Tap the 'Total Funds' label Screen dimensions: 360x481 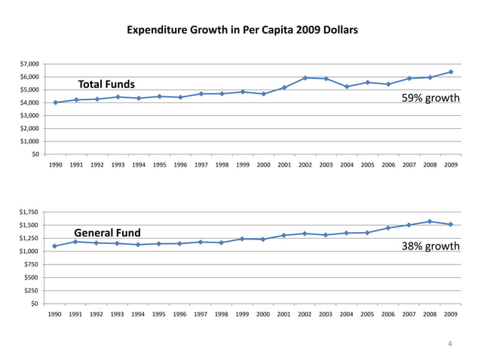tap(106, 84)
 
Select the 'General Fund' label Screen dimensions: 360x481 tap(107, 232)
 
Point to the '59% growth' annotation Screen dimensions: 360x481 tap(430, 98)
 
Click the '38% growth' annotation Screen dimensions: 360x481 tap(430, 246)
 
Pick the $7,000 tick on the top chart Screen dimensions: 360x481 tap(31, 64)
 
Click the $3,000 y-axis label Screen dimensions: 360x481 tap(31, 116)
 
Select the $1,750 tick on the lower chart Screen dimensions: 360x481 tap(31, 212)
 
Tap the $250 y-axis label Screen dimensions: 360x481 tap(32, 291)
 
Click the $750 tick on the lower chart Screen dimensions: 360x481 tap(32, 264)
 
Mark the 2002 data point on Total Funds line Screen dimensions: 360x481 tap(305, 78)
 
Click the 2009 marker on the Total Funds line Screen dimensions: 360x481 tap(451, 72)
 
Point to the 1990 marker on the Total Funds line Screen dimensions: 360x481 tap(56, 102)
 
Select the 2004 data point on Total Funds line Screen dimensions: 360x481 tap(347, 87)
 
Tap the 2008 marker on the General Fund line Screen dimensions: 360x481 tap(430, 221)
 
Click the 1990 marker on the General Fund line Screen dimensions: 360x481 tap(56, 246)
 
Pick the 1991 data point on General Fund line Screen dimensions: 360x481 tap(76, 242)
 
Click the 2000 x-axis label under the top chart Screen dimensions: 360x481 tap(263, 165)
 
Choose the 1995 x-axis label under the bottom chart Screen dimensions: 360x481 tap(159, 314)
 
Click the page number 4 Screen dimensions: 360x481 tap(450, 344)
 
